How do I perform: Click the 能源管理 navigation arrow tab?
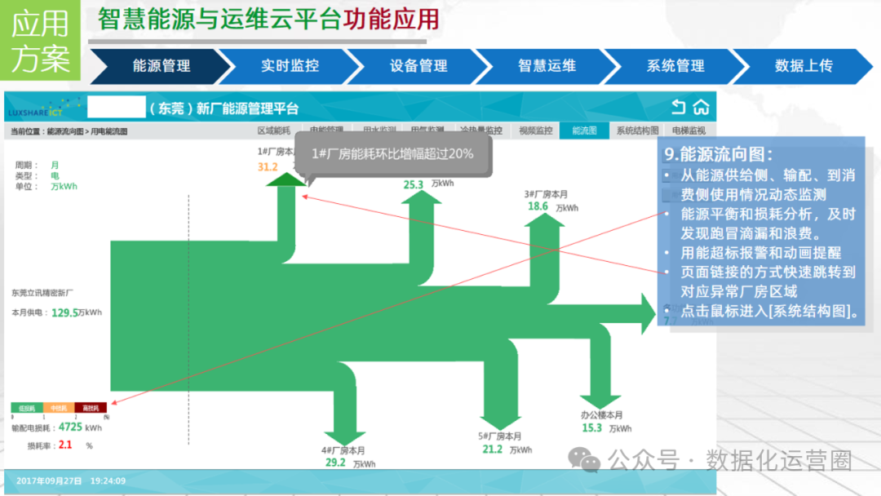point(161,66)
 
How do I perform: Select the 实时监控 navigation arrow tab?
point(290,66)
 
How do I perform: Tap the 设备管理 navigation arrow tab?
point(418,66)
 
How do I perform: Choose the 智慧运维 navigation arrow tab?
point(547,66)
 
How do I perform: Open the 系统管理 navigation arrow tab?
point(675,66)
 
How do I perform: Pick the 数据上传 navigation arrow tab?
point(804,66)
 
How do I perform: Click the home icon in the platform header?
point(701,108)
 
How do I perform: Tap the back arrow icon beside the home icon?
point(679,108)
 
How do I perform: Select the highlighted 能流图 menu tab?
point(584,131)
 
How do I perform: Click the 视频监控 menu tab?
point(536,131)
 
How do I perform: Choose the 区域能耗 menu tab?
point(274,131)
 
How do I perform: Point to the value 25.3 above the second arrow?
point(414,184)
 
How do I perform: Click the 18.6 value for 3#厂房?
point(538,206)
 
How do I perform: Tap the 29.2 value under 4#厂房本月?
point(335,463)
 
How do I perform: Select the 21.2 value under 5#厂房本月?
point(492,449)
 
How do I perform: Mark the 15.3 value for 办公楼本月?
point(591,427)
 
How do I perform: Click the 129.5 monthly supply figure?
point(64,312)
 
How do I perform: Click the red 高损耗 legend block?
point(86,407)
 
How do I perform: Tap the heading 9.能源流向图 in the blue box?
point(718,153)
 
